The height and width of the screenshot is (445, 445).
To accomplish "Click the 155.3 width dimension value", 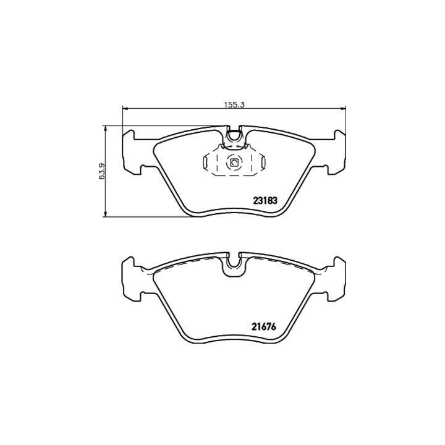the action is point(234,104).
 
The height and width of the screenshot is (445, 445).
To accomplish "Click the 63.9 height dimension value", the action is point(101,171).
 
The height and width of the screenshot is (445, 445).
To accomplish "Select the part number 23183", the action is point(265,201).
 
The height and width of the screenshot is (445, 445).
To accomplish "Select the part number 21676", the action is point(264,327).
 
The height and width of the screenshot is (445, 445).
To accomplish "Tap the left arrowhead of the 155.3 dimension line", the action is point(125,108).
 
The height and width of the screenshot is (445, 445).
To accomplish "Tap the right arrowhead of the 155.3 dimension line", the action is point(343,108).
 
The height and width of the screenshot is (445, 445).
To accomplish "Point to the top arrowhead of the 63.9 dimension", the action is point(106,129).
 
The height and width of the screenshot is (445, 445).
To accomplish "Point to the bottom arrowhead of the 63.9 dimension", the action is point(106,214).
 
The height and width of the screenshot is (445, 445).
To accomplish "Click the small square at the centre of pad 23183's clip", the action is point(234,163).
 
